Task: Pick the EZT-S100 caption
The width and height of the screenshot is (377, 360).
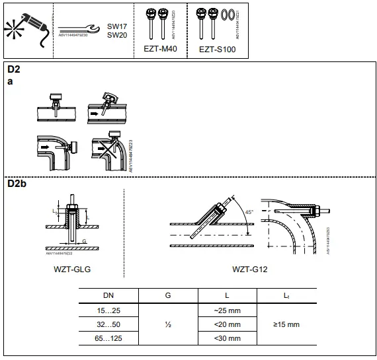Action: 217,50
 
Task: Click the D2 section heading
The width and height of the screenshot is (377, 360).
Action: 13,69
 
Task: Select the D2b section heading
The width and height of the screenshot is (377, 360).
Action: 17,183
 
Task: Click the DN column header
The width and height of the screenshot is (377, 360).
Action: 108,297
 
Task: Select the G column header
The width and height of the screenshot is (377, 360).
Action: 167,297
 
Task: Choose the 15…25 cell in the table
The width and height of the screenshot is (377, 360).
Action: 108,310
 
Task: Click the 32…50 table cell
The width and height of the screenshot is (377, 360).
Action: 108,324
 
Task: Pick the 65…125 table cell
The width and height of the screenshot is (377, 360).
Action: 108,338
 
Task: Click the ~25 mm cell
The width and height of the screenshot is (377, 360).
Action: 227,310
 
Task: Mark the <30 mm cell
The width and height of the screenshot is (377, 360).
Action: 227,338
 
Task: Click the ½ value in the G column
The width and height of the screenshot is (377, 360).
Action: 167,324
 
